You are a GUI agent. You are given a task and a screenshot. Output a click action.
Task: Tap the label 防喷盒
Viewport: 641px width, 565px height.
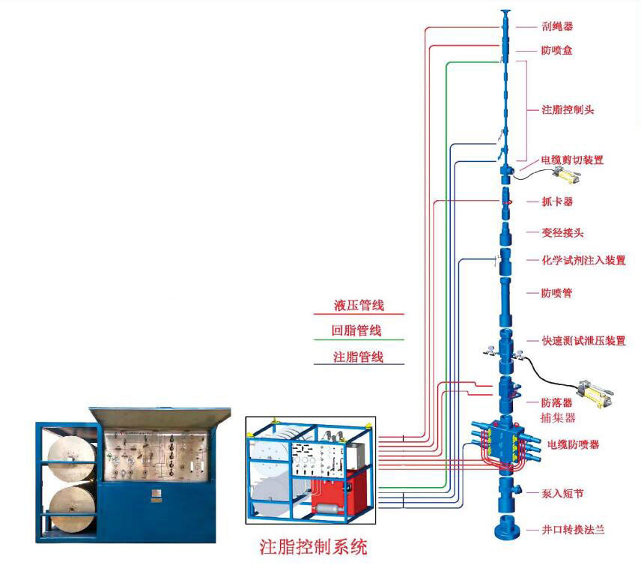(556, 52)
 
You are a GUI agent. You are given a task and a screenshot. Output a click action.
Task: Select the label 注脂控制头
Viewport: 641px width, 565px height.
(568, 109)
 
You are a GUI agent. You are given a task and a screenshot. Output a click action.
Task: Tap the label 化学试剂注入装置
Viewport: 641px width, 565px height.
(583, 261)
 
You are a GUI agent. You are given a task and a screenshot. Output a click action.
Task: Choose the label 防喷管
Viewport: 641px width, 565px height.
(556, 293)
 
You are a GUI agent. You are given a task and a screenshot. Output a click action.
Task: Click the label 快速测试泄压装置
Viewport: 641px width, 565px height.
(583, 340)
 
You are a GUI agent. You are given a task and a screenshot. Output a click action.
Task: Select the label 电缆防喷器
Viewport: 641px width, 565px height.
(573, 444)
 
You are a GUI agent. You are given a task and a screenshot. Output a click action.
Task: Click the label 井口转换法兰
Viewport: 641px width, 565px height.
(573, 530)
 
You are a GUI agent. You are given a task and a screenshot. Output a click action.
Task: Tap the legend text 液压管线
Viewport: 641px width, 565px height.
(358, 306)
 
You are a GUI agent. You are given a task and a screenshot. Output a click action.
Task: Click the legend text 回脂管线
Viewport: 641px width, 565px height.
(358, 330)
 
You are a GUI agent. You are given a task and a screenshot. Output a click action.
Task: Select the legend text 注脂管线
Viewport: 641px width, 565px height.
(358, 357)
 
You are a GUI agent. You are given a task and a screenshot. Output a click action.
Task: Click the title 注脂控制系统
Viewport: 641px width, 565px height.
(313, 546)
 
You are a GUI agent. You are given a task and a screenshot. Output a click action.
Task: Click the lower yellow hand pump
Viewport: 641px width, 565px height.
(593, 390)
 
